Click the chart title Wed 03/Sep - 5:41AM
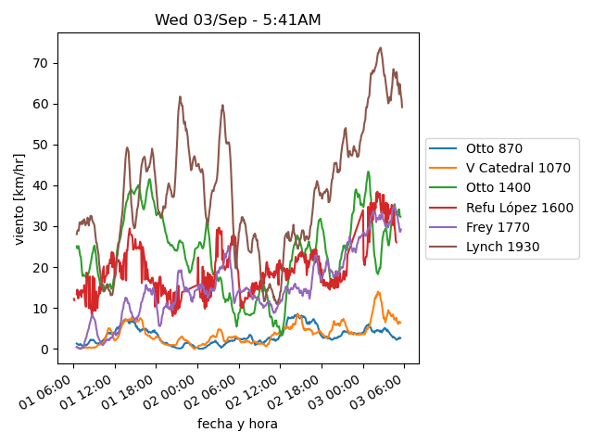pyautogui.click(x=238, y=19)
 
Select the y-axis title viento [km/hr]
pyautogui.click(x=19, y=198)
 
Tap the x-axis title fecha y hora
pyautogui.click(x=237, y=424)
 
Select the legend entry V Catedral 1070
pyautogui.click(x=516, y=168)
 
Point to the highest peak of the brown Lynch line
pyautogui.click(x=381, y=48)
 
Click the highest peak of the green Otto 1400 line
pyautogui.click(x=368, y=172)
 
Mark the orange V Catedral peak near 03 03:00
pyautogui.click(x=378, y=292)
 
